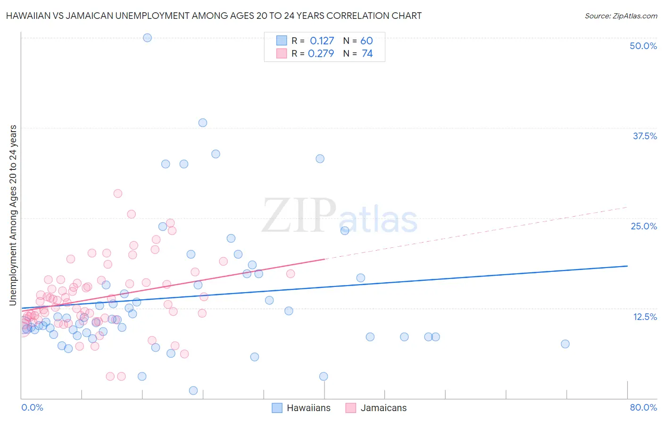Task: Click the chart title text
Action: [213, 16]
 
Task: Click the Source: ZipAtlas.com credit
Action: [621, 16]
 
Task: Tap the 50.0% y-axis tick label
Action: [643, 46]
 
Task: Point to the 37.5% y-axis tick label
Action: [645, 136]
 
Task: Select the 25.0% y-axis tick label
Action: [644, 226]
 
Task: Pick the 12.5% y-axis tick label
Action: [645, 317]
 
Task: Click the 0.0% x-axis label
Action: [32, 407]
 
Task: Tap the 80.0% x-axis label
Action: [643, 407]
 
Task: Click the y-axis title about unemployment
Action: [13, 215]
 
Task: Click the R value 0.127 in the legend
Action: [322, 41]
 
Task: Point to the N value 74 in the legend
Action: [367, 54]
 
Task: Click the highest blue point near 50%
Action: [147, 38]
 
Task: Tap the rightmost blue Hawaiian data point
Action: [565, 344]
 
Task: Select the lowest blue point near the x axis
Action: [193, 390]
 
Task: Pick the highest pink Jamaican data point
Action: [118, 194]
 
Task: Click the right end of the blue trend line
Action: [627, 266]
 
